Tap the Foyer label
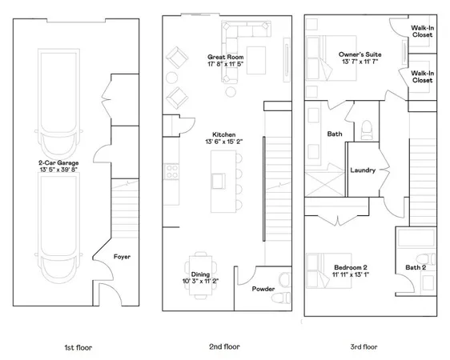tap(122, 257)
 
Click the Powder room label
tap(263, 289)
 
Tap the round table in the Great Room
tap(173, 78)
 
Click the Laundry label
tap(364, 170)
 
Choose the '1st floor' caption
tap(78, 348)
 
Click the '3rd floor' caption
tap(364, 348)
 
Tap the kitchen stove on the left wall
tap(170, 170)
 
